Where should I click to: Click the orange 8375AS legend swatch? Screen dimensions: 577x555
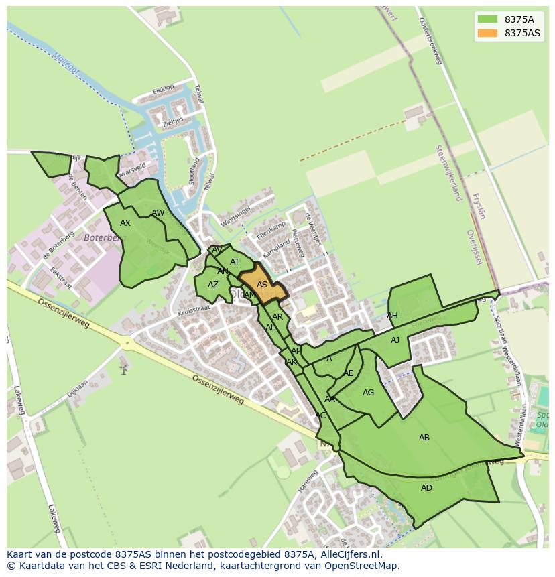487,33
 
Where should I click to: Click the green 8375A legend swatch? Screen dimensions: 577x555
487,19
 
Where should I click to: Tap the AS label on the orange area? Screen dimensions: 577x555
262,285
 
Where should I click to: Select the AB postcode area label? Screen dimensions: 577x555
424,438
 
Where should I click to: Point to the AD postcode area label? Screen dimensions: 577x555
426,488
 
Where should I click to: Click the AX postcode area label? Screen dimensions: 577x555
125,223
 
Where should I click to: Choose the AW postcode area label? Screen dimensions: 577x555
158,213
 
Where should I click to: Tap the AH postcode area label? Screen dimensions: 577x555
392,316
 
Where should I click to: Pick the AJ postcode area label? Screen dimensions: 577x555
395,340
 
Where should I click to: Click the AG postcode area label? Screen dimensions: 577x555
368,393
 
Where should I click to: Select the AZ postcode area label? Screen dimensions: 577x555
212,285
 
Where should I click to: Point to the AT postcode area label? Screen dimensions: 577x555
235,262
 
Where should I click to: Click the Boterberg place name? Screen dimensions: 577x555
105,237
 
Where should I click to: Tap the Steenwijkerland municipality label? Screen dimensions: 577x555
449,172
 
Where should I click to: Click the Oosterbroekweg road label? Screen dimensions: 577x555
431,40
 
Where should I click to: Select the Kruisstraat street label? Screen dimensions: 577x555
194,310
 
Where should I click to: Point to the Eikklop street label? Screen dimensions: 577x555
163,88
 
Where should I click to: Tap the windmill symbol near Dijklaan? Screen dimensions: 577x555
123,367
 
